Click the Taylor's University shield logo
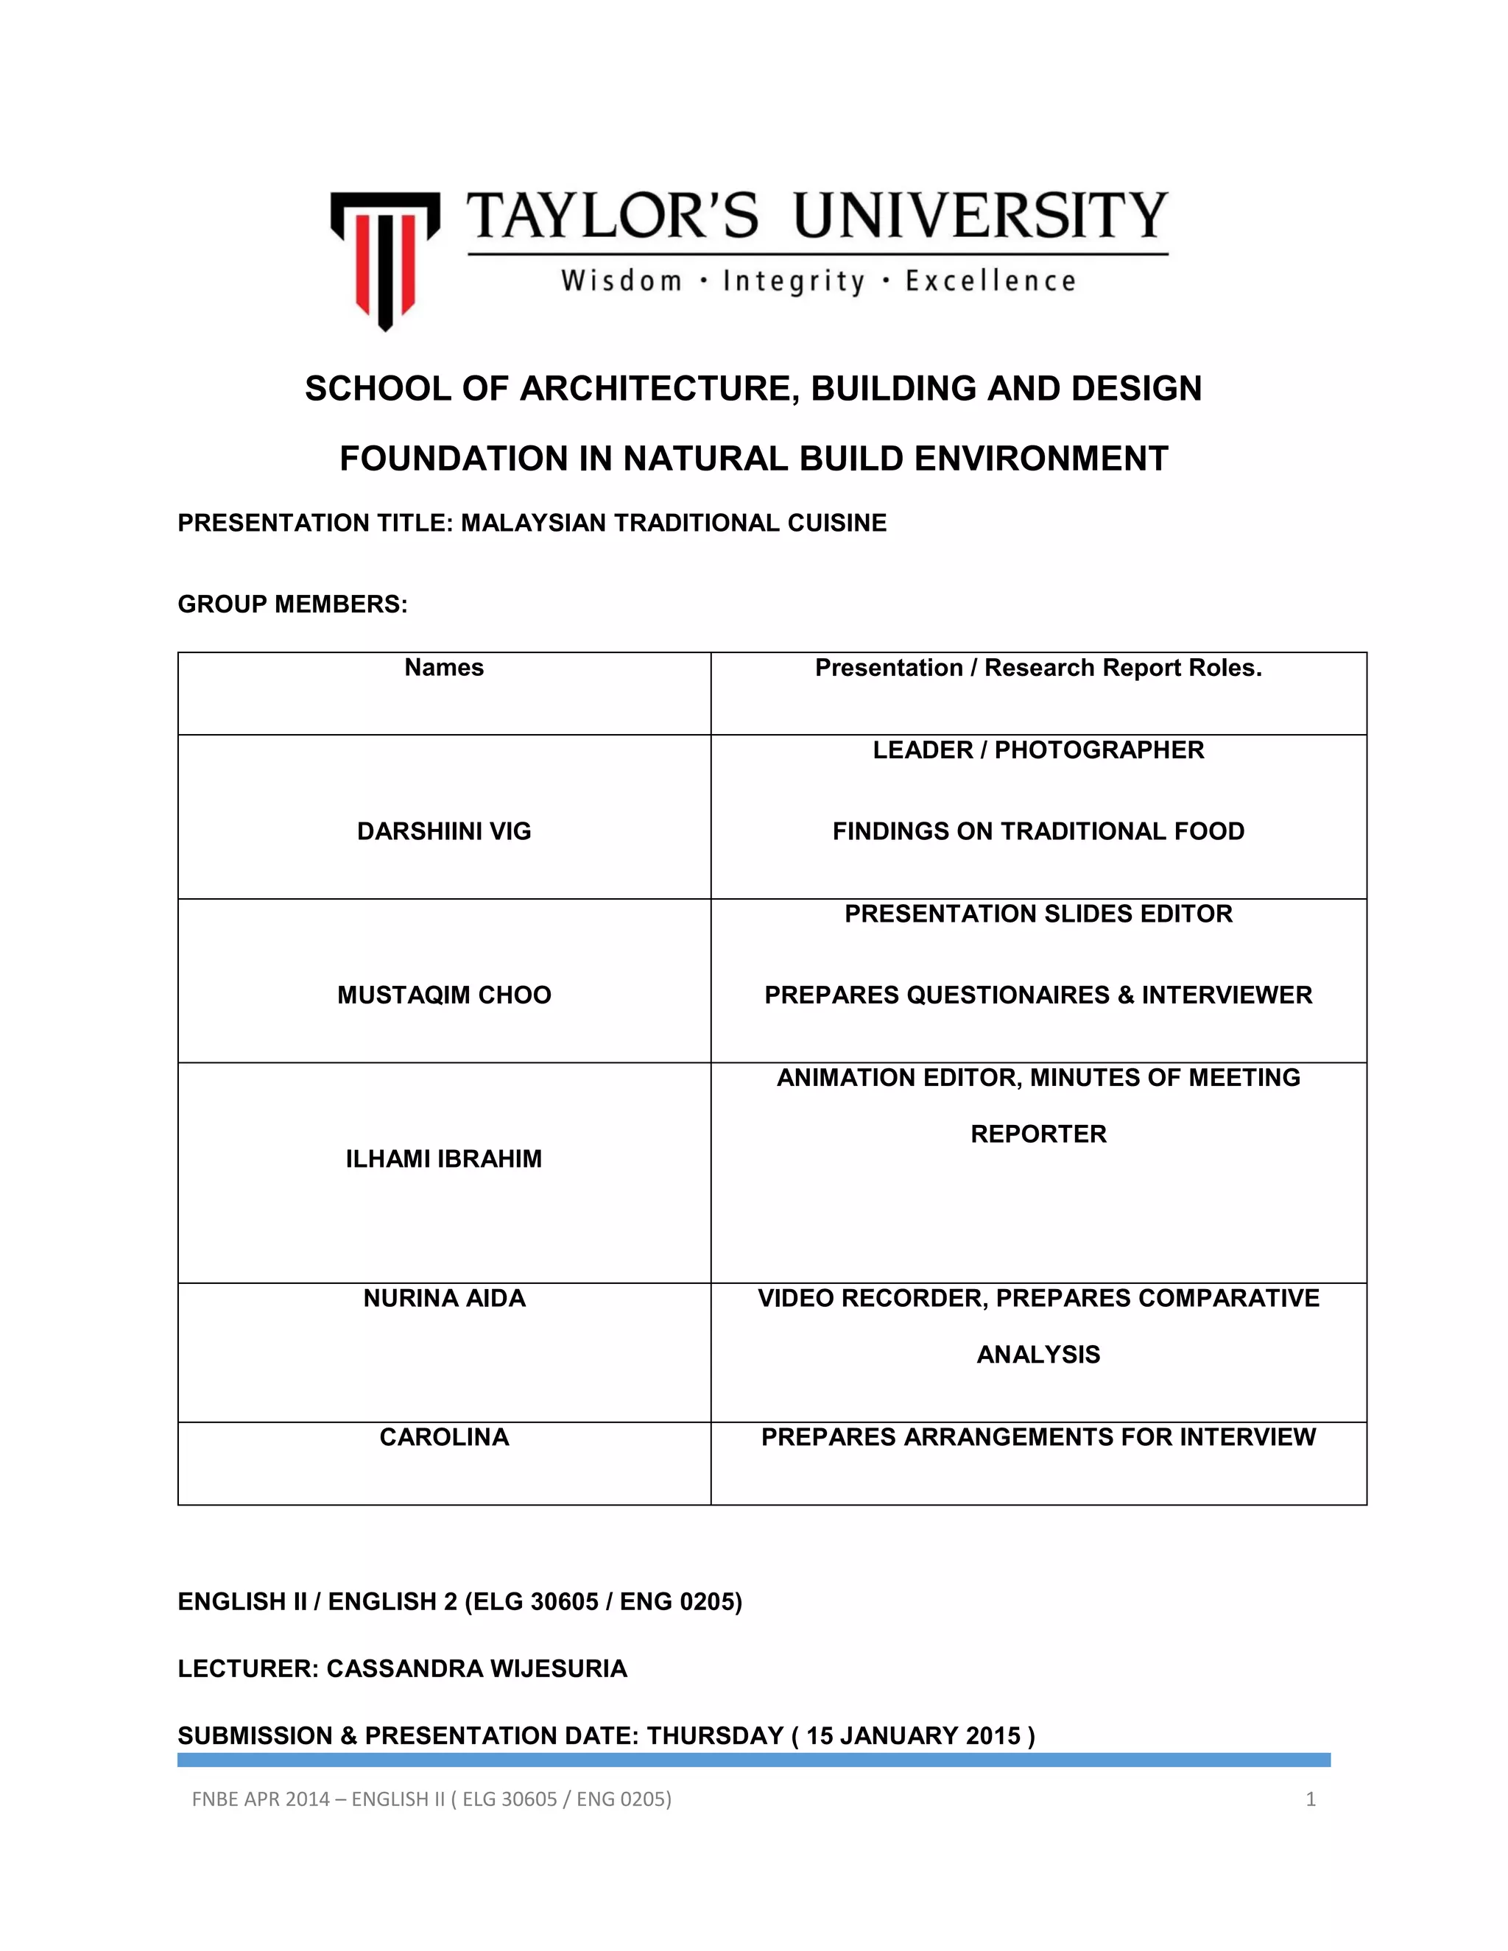385,259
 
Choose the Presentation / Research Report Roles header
1038,668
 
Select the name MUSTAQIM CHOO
444,995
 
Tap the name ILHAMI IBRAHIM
444,1159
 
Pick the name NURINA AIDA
444,1298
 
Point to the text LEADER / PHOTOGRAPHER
1038,749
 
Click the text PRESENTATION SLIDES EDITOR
1038,914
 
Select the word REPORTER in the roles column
1038,1134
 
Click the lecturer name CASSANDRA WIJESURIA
476,1669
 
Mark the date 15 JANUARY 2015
913,1736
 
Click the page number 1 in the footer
1311,1799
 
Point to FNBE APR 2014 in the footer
261,1799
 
